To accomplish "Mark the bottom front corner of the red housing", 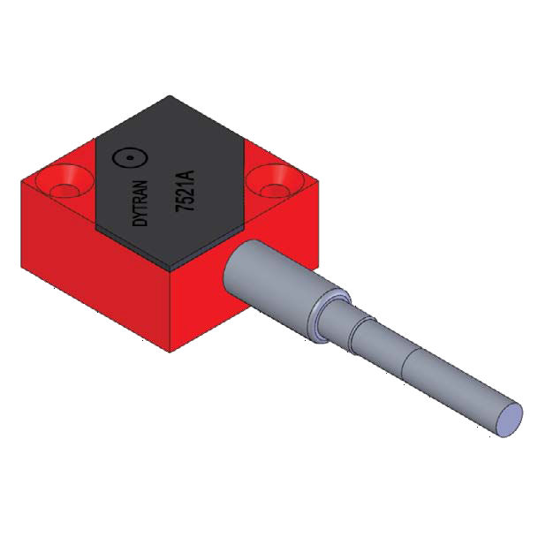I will pos(170,350).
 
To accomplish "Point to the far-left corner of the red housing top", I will pos(22,180).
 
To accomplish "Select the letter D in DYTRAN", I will pos(146,226).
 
